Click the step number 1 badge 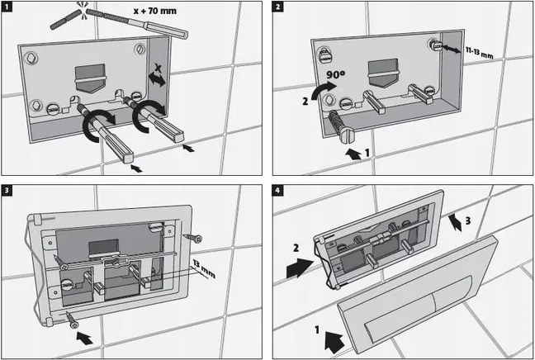7,7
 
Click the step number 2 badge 278,7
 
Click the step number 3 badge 7,191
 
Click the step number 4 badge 278,191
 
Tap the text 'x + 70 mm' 155,11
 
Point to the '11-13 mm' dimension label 479,53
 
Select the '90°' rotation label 335,75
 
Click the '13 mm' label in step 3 204,268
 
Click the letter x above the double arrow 158,68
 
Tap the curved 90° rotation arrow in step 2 324,89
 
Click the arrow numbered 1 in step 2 353,154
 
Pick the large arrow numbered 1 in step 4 334,342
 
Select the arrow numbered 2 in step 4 300,268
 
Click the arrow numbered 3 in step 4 455,222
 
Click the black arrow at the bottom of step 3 84,338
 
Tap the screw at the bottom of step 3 71,320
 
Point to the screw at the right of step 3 192,238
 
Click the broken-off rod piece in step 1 65,20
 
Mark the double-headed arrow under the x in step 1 157,81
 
